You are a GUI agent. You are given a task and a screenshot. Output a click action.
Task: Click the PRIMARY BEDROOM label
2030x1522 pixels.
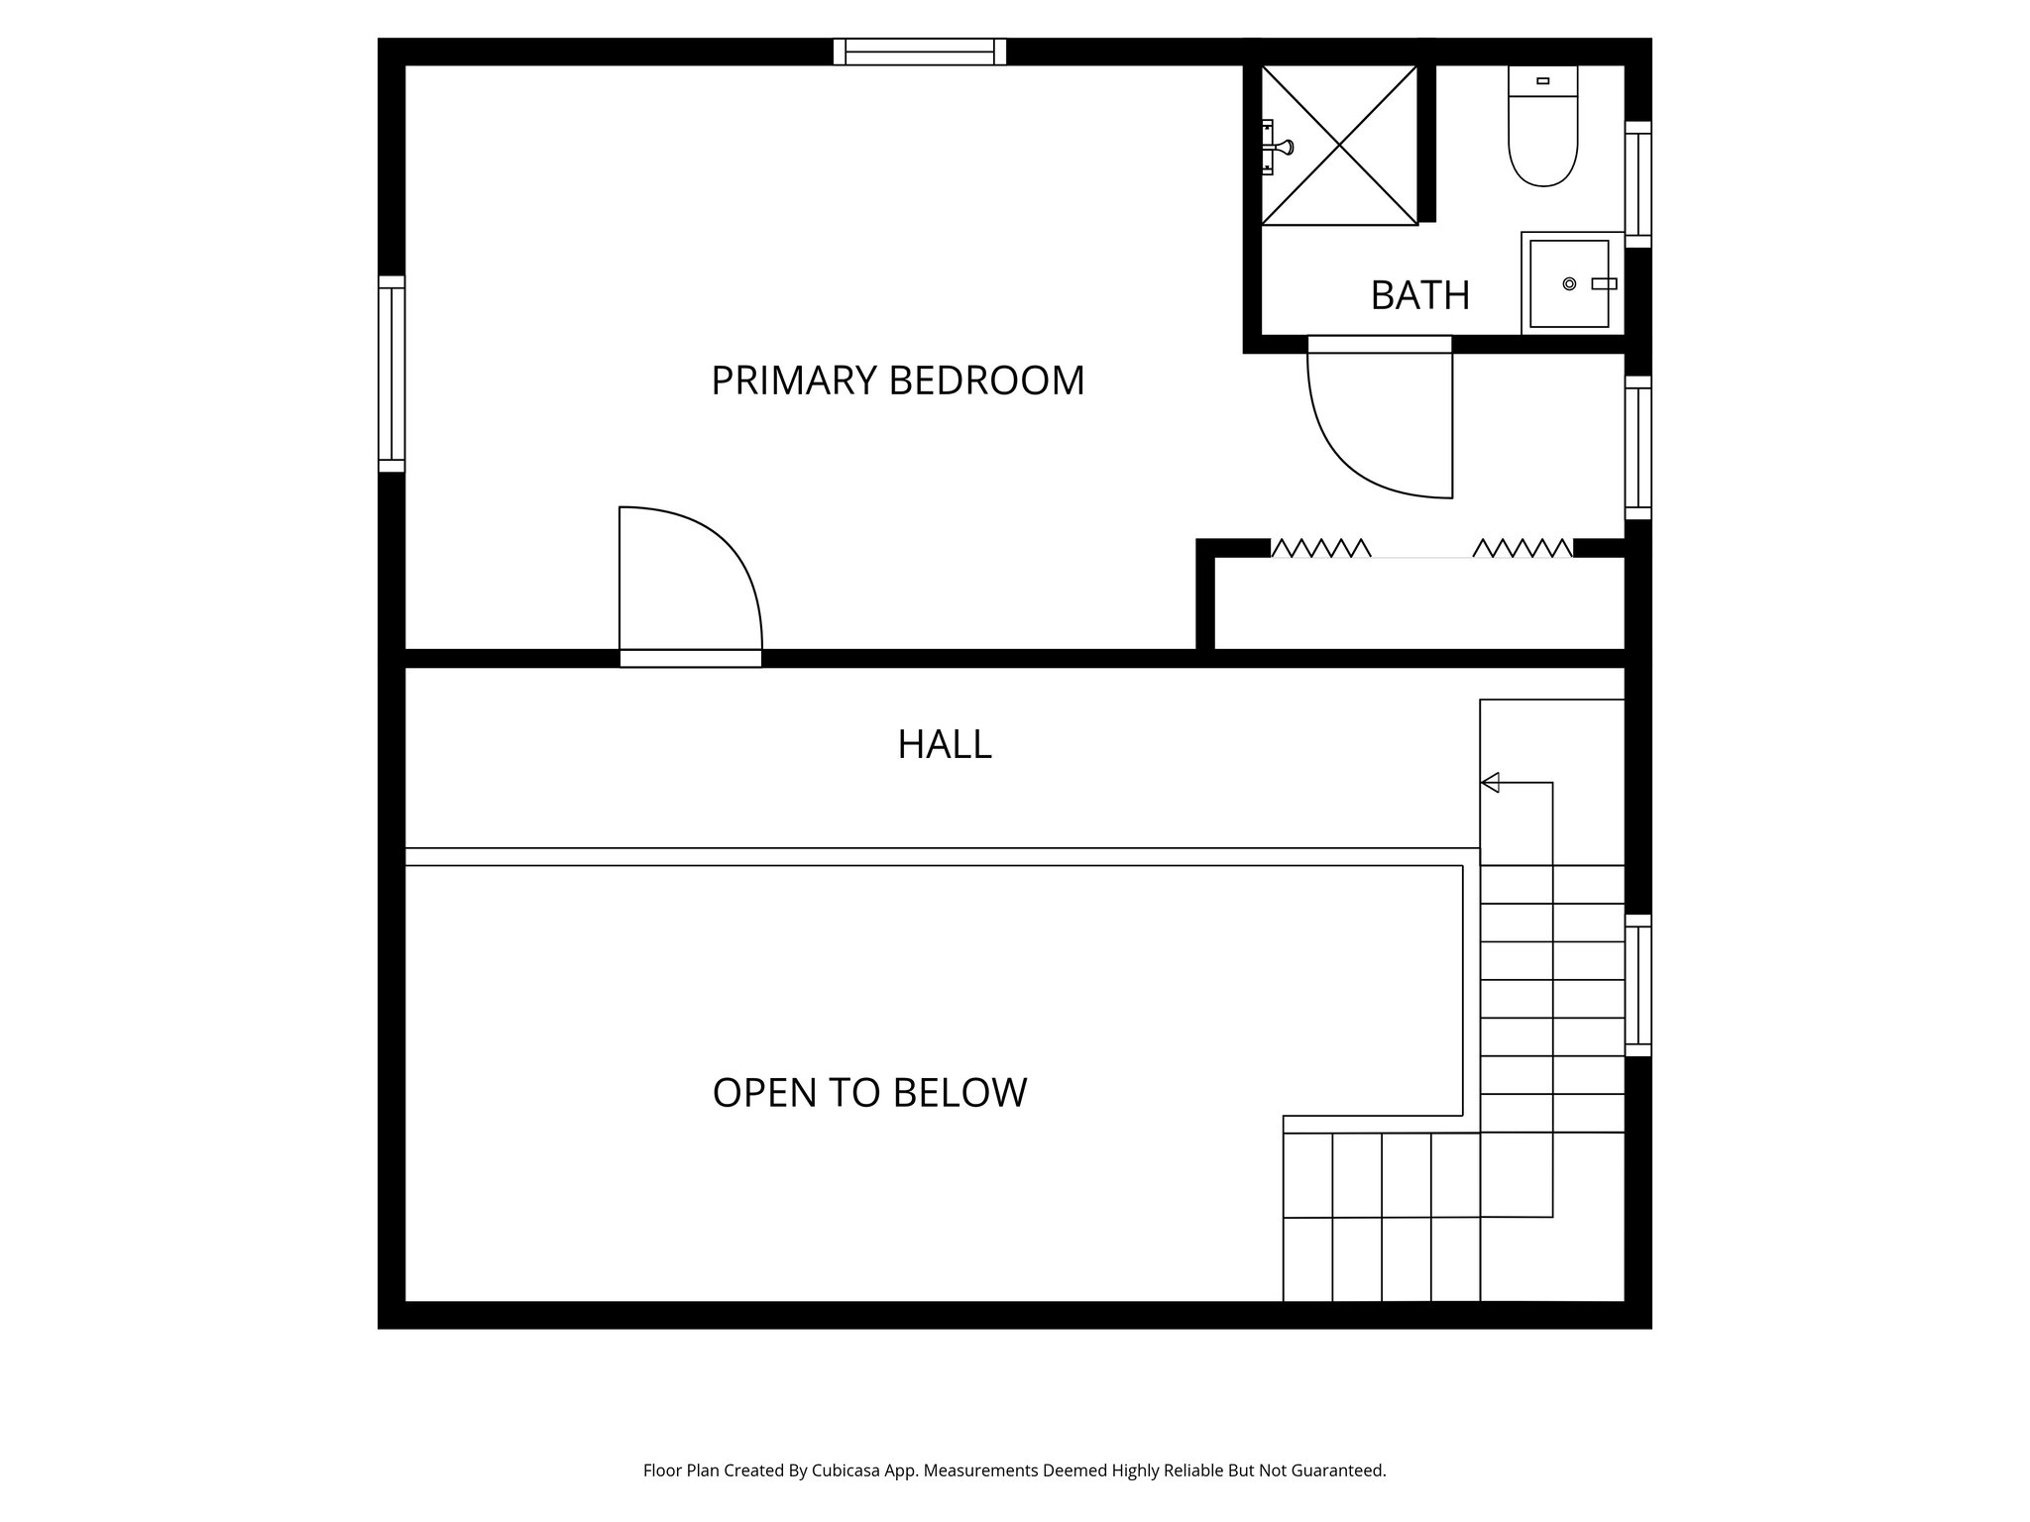point(897,380)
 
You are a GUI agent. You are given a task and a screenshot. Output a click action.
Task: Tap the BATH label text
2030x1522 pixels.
point(1419,295)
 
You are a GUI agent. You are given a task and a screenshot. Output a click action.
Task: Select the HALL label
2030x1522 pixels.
point(944,744)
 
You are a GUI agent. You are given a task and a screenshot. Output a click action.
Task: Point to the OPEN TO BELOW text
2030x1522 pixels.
point(869,1093)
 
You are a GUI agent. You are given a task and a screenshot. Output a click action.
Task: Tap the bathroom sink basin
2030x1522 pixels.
point(1568,283)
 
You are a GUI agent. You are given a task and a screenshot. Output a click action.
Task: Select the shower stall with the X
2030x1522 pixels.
point(1339,146)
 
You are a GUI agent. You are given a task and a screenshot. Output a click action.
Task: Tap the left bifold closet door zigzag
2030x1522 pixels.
point(1320,548)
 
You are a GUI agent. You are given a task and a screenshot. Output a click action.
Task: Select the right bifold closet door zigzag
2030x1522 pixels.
point(1522,548)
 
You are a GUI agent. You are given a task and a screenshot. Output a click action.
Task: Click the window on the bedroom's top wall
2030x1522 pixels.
point(920,52)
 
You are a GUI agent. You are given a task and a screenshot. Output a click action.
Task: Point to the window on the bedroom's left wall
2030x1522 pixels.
point(392,374)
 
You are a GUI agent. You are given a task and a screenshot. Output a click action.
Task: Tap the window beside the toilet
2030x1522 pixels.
point(1637,184)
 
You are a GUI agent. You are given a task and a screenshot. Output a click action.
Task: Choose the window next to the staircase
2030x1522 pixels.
point(1637,985)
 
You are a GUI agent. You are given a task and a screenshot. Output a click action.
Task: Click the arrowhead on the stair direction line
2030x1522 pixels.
point(1490,783)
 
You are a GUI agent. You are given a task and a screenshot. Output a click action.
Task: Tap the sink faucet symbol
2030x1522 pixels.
point(1603,283)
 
